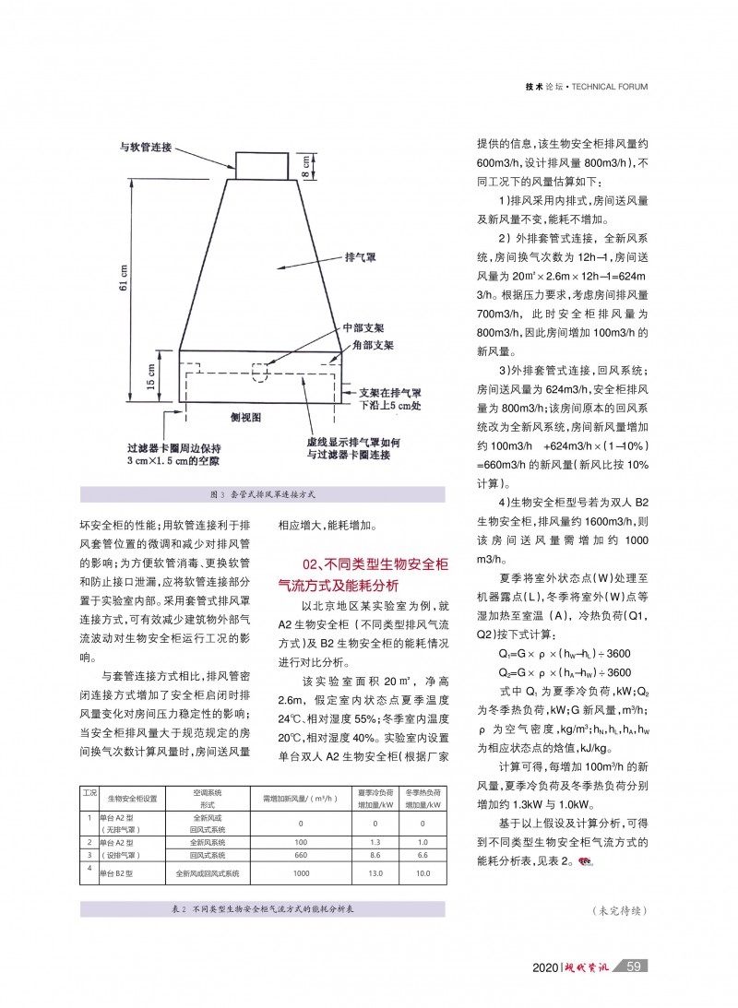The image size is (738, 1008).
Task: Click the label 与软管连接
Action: (x=147, y=147)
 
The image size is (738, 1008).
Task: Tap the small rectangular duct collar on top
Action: (x=263, y=166)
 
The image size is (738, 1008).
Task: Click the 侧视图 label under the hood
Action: (x=246, y=417)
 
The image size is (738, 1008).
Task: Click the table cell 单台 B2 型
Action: (x=117, y=872)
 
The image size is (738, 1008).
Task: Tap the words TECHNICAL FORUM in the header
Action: (x=609, y=87)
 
